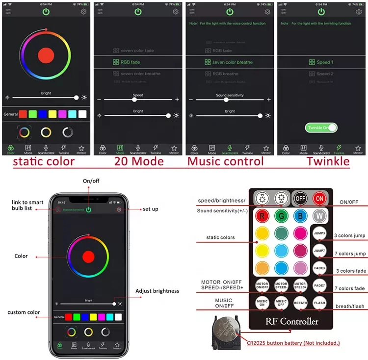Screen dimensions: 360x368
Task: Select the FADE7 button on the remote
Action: coord(320,285)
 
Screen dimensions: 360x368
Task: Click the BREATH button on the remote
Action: coord(300,303)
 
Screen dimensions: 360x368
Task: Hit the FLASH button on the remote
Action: coord(320,303)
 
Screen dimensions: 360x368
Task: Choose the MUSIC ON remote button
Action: coord(262,303)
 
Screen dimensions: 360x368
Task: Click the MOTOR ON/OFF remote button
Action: coord(262,285)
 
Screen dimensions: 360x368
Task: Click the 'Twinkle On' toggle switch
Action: coord(322,128)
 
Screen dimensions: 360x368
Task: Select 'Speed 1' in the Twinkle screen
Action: coord(321,62)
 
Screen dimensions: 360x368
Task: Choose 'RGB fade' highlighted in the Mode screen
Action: coord(127,62)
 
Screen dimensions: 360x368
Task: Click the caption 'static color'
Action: coord(44,161)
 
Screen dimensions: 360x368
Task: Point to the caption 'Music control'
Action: coord(226,161)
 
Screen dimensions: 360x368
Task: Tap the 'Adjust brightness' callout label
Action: coord(157,291)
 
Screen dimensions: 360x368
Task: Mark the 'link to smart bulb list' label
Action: coord(28,206)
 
